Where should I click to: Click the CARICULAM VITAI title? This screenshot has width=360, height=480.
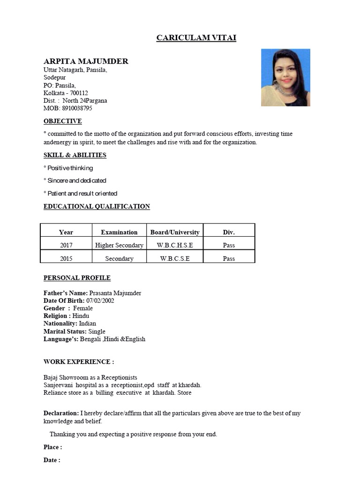coord(196,37)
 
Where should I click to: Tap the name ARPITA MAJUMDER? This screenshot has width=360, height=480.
coord(86,61)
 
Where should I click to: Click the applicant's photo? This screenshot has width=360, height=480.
coord(285,77)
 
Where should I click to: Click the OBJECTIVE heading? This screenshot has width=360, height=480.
coord(63,121)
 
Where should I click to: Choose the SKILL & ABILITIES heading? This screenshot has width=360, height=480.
coord(75,155)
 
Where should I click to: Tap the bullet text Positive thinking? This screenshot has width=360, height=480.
coord(70,168)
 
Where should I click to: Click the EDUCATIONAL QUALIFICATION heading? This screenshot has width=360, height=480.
coord(97,206)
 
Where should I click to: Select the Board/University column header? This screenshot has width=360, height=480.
coord(175,232)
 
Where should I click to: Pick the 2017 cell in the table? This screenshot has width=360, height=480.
coord(67,245)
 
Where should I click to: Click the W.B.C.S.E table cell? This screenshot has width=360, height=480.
coord(175,258)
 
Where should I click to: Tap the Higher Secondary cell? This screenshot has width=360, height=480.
coord(119,245)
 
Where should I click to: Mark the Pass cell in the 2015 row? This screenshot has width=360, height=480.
coord(229,258)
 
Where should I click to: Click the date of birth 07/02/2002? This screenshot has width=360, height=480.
coord(100,300)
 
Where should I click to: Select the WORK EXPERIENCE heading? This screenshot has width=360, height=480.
coord(79,362)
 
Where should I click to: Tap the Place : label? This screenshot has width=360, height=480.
coord(52,447)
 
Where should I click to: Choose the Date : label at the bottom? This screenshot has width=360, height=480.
coord(52,460)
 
